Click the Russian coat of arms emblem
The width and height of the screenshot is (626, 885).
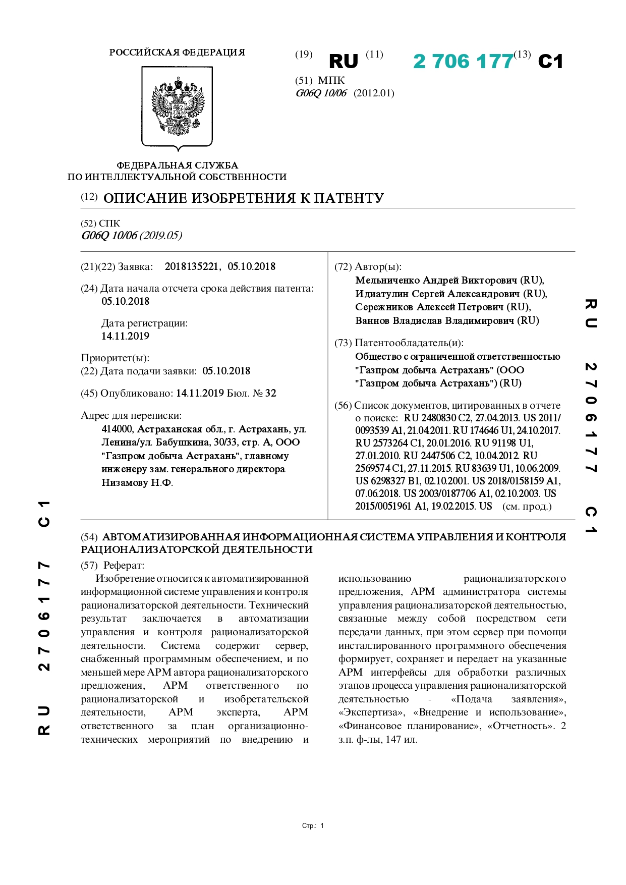pos(177,107)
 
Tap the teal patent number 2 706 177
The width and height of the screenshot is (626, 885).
pos(463,62)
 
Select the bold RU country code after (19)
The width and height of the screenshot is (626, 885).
pos(343,62)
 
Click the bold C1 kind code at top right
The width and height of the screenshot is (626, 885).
pos(550,62)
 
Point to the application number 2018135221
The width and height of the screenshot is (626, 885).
pos(192,266)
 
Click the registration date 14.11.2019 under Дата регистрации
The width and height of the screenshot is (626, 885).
pos(125,336)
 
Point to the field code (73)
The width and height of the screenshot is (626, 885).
pos(343,343)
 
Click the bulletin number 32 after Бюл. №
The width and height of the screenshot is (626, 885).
pos(271,393)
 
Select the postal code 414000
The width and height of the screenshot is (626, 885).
pos(118,429)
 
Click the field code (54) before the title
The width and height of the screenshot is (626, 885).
pos(89,537)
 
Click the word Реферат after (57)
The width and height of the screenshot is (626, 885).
pos(124,566)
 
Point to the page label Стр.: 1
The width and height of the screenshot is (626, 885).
pos(313,826)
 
